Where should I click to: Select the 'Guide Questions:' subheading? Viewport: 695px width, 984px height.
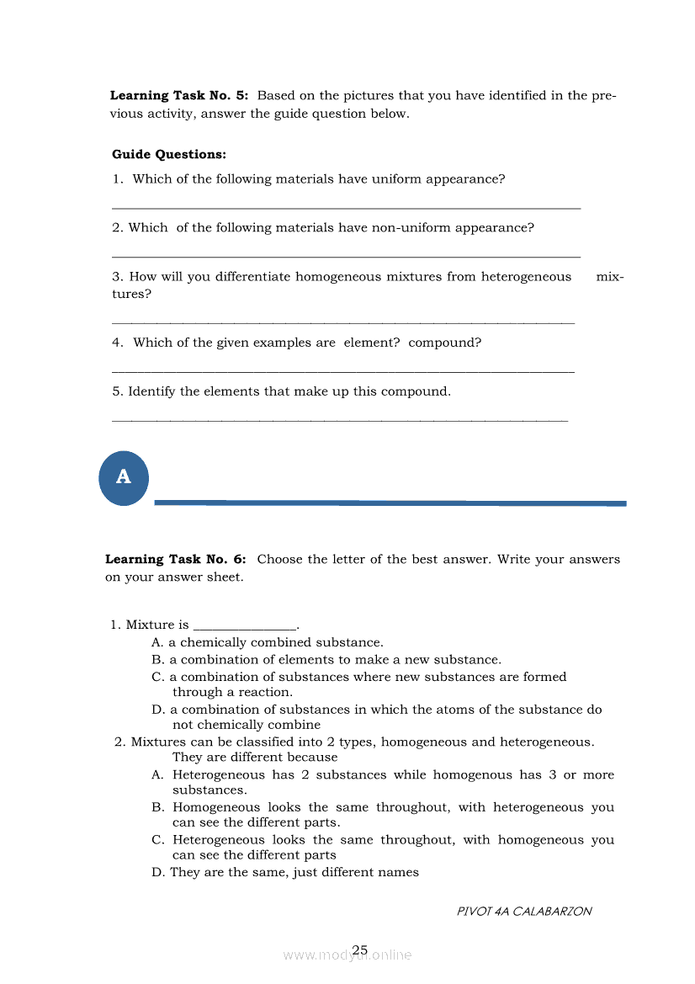pos(169,155)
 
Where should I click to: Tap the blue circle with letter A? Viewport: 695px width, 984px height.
pos(124,478)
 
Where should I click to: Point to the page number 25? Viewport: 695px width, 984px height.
pos(360,949)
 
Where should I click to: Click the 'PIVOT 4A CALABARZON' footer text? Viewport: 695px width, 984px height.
pos(524,912)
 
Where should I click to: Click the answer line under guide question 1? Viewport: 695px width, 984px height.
pos(346,207)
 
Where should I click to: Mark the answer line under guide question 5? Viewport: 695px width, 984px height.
pos(340,419)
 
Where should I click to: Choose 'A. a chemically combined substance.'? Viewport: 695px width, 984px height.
pos(268,643)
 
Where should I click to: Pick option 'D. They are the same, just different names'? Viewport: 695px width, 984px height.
pos(285,873)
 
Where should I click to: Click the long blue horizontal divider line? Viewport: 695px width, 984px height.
pos(390,503)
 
